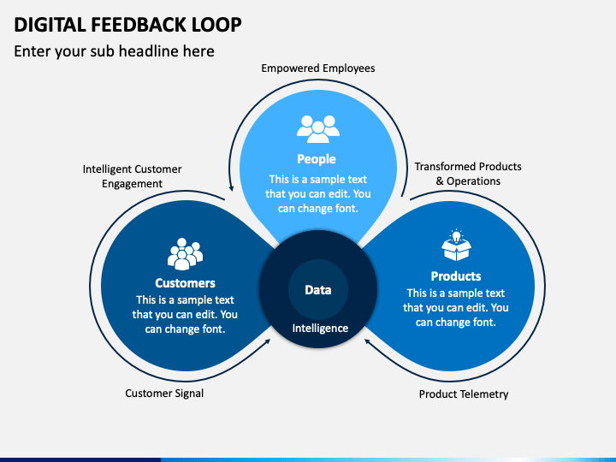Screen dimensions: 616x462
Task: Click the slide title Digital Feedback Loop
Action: [x=127, y=25]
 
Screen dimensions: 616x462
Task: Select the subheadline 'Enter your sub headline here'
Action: [x=114, y=51]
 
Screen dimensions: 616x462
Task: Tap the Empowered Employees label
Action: [x=317, y=68]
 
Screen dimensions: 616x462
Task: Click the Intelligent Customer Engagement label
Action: [x=132, y=176]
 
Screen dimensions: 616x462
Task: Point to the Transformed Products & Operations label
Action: [x=468, y=174]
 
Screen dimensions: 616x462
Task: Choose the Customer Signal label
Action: [x=164, y=394]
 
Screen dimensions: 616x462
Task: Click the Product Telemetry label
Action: [x=464, y=394]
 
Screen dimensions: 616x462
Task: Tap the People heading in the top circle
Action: [x=317, y=159]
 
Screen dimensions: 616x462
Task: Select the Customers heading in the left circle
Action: [x=185, y=283]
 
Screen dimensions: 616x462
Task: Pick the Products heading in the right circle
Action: [x=456, y=276]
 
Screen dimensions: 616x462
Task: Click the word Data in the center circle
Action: [x=317, y=290]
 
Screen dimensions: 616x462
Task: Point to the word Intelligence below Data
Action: [x=320, y=328]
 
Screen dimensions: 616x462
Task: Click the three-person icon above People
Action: [x=318, y=129]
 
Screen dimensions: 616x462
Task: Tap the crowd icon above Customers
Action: [x=185, y=254]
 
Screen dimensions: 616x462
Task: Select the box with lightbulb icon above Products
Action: [x=456, y=246]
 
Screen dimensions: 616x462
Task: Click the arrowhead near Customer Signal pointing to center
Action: [x=268, y=341]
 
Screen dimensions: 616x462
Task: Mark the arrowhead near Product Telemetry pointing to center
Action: [x=368, y=341]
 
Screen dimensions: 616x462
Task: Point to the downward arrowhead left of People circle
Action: [x=231, y=187]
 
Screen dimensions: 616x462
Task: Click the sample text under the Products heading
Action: [x=456, y=308]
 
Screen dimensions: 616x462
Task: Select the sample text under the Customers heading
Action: [x=185, y=314]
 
